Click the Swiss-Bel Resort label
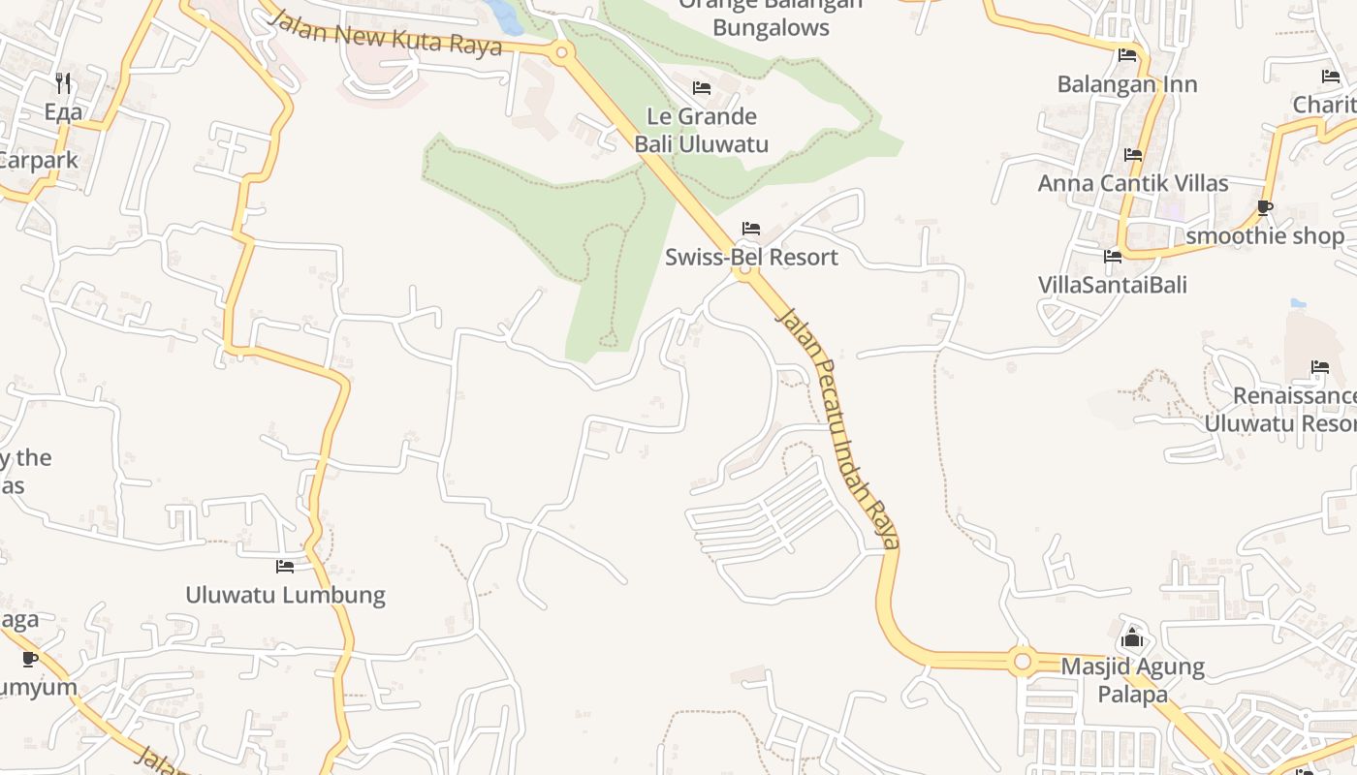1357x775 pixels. click(751, 258)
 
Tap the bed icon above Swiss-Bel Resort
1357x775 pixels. click(751, 230)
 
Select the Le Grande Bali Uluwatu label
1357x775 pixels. click(702, 131)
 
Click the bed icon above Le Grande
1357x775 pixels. click(702, 88)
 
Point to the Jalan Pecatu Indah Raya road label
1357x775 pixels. click(839, 427)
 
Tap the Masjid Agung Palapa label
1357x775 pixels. click(1132, 680)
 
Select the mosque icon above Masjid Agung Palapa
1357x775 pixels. click(1131, 638)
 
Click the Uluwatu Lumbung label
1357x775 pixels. click(285, 595)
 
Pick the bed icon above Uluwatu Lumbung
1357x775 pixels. click(284, 566)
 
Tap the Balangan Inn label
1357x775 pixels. click(1127, 84)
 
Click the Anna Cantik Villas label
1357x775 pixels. click(1133, 183)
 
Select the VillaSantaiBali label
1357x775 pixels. click(1113, 285)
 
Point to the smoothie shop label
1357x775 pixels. click(1265, 235)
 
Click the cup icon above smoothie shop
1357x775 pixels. click(1264, 207)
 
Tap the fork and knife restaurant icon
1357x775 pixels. click(63, 82)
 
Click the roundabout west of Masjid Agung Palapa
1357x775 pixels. click(1021, 662)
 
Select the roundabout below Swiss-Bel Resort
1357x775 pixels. click(744, 272)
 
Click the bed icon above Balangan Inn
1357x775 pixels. click(1127, 56)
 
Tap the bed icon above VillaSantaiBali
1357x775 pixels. click(1113, 257)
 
